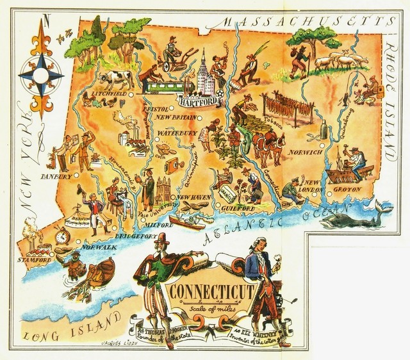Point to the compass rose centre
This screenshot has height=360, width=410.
click(40, 74)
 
